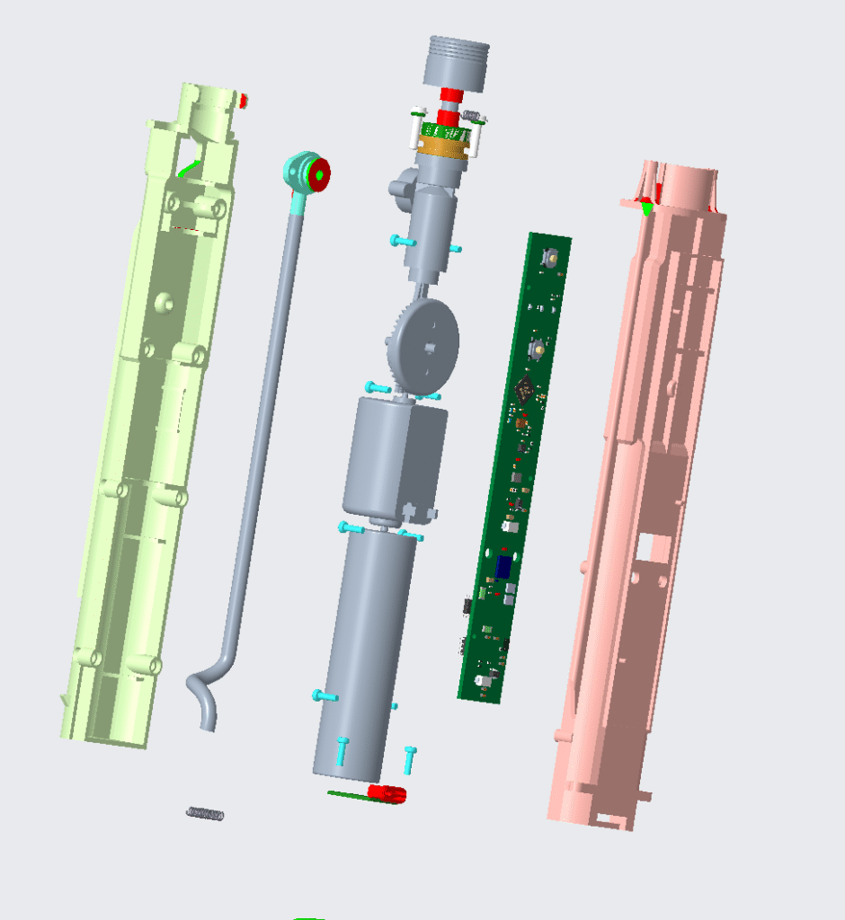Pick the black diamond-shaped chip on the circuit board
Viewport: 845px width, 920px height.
[x=526, y=389]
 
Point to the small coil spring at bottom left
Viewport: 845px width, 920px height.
[x=205, y=814]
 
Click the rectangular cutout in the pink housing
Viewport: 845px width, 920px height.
[x=645, y=544]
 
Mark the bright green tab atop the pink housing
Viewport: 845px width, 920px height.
[x=646, y=208]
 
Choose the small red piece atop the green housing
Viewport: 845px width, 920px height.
[x=244, y=101]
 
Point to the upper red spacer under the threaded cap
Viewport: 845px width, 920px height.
[x=450, y=96]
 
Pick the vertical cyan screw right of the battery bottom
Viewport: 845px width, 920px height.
[x=410, y=759]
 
